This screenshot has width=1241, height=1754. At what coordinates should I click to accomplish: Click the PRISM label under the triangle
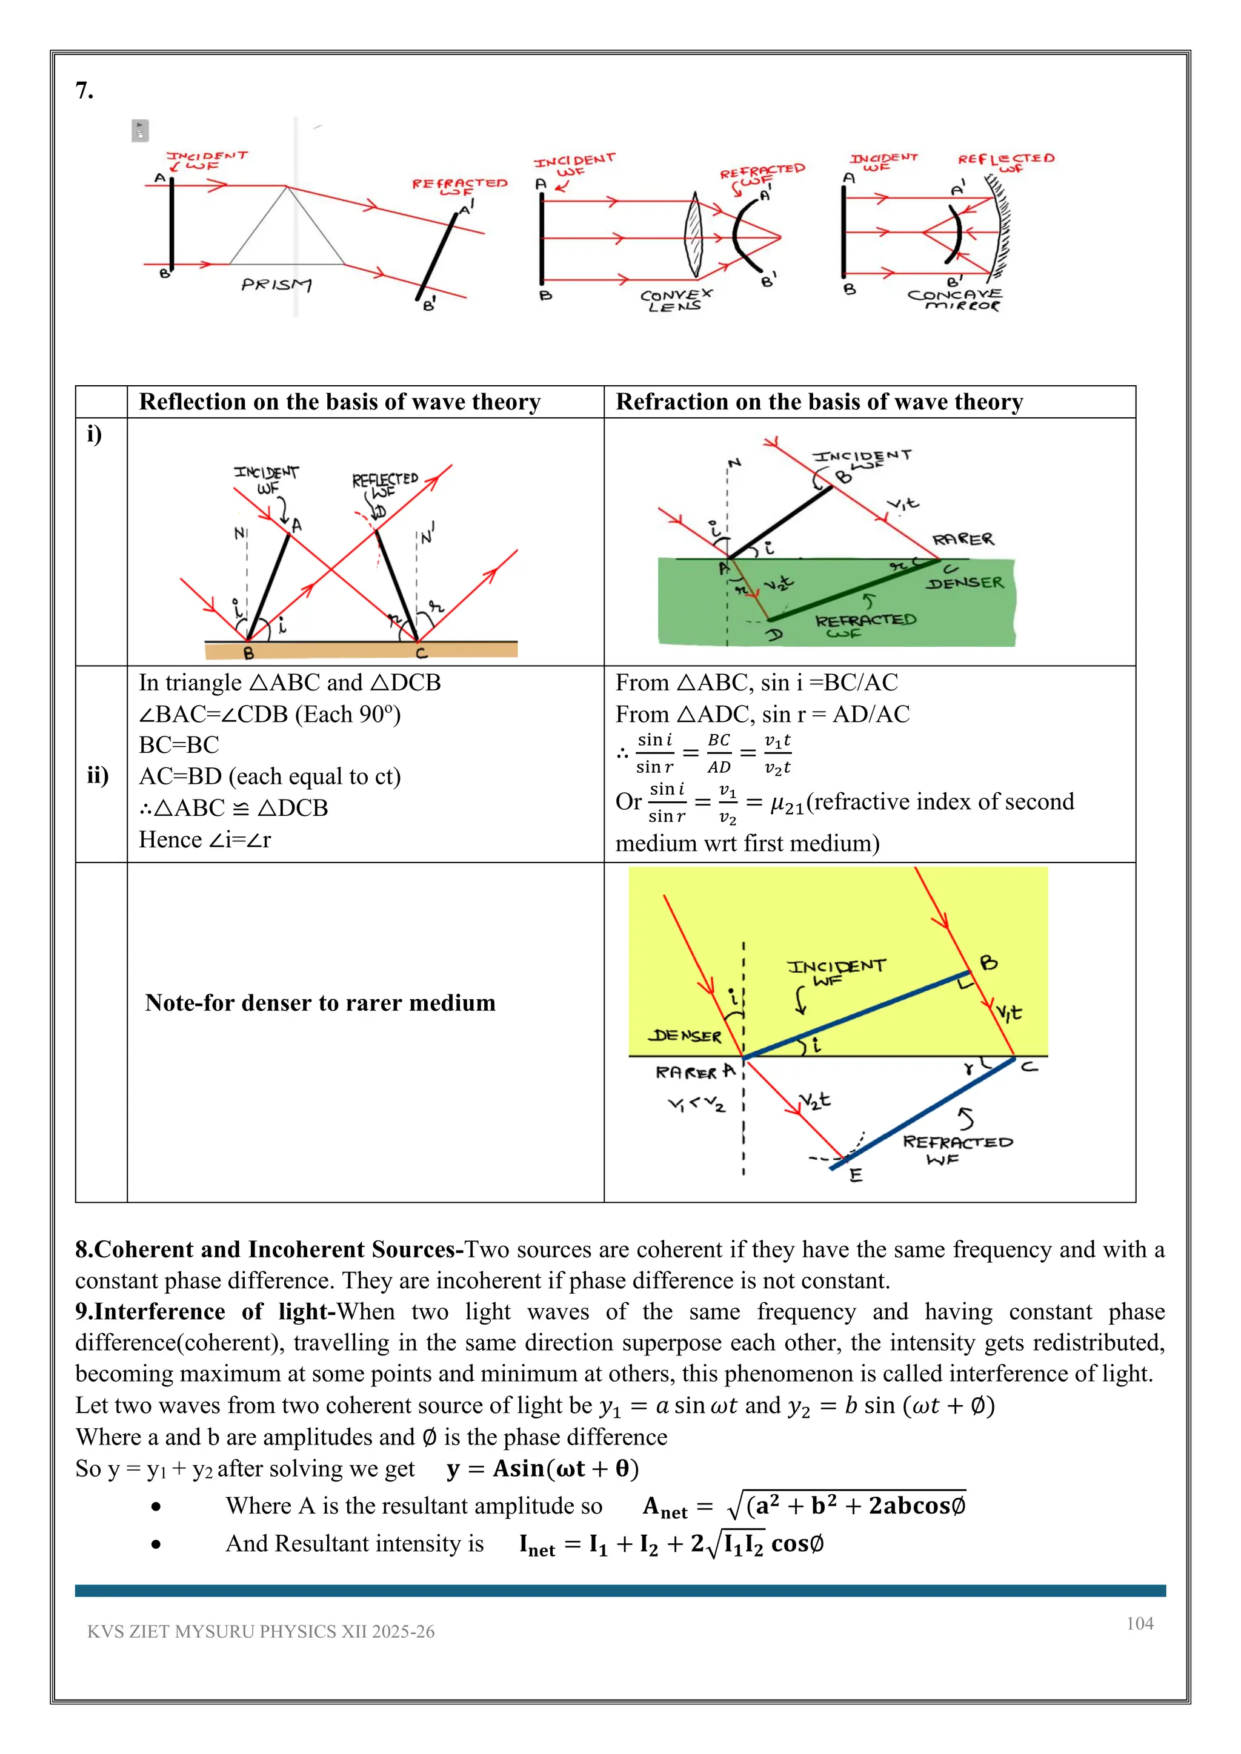276,285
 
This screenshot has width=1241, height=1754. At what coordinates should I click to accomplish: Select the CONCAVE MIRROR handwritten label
955,299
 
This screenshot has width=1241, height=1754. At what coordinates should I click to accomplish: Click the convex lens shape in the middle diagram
693,234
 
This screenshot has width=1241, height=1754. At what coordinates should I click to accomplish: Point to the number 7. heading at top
84,91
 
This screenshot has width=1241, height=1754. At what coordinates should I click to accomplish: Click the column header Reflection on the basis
339,402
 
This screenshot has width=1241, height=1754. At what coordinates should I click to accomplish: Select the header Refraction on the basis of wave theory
819,402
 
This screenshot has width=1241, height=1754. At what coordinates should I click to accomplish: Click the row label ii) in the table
98,775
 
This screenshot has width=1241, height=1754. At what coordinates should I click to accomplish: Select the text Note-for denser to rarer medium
320,1002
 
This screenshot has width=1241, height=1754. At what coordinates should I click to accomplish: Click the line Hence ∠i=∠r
205,839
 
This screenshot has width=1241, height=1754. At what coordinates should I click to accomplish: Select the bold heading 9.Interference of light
205,1312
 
